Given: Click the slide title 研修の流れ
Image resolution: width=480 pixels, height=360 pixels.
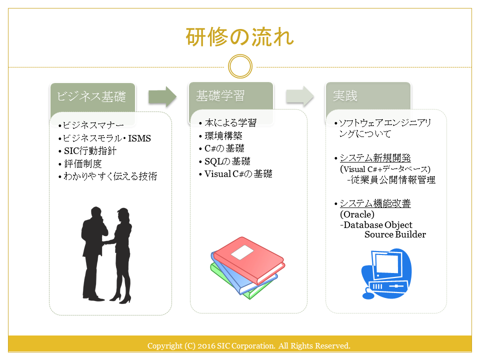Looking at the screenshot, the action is tap(239, 37).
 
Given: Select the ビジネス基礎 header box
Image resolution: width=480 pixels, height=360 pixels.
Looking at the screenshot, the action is tap(92, 97).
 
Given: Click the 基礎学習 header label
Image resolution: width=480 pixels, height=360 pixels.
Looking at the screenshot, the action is tap(220, 96).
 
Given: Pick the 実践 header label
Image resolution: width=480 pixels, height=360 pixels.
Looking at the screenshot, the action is tap(345, 96).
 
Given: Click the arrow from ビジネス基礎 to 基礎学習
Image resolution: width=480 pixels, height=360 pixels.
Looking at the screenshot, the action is tap(162, 96).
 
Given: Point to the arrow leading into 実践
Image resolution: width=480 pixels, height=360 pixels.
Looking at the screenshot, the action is tap(299, 96).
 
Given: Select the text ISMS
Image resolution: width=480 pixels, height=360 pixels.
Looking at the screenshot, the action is tap(139, 138).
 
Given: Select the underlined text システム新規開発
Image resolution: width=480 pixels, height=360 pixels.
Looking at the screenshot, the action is tap(375, 158).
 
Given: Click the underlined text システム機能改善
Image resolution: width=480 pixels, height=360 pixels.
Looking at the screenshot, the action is tap(375, 203).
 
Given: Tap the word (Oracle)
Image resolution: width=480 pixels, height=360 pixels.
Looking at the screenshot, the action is tap(357, 214).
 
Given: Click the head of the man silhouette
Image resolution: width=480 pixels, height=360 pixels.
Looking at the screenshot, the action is tap(96, 212).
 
